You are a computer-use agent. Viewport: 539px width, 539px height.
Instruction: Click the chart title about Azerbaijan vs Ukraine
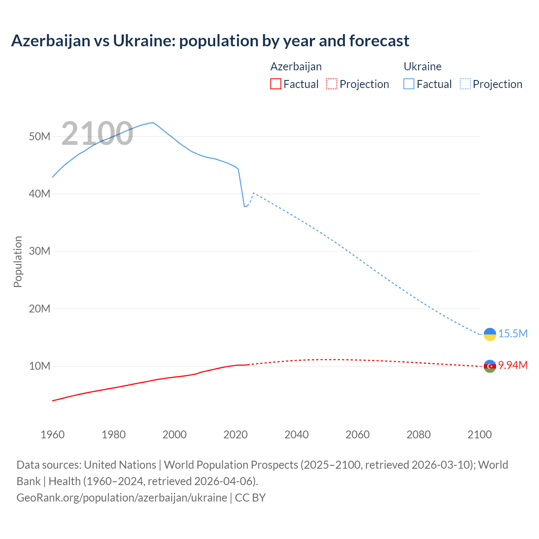coord(210,41)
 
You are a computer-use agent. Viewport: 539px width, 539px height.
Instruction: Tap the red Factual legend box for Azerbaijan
coord(275,84)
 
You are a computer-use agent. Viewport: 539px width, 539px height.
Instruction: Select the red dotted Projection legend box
coord(332,84)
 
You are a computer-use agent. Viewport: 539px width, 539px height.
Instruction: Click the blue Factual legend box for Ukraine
coord(408,84)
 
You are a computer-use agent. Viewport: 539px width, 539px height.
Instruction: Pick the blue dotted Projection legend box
coord(465,84)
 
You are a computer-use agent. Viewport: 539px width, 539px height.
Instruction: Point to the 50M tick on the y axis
coord(40,136)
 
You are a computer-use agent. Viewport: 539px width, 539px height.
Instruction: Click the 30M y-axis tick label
coord(40,251)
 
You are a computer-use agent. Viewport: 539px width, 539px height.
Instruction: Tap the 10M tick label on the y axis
coord(40,366)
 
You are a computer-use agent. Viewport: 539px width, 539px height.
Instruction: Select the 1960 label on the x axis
coord(53,435)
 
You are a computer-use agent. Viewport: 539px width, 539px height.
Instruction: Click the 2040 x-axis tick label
coord(296,435)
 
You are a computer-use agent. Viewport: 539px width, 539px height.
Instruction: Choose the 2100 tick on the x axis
coord(479,435)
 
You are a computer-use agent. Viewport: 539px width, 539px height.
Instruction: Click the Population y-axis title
coord(18,261)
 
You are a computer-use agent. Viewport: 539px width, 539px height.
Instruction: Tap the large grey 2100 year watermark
coord(97,134)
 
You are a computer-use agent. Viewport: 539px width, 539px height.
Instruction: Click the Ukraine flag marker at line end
coord(490,334)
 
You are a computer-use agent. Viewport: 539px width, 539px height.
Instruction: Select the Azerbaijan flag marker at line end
coord(490,366)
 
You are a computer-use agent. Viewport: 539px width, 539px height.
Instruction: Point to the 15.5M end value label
coord(513,334)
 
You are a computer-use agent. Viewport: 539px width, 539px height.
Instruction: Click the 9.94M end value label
coord(513,365)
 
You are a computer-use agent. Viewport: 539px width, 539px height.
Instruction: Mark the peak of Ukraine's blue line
coord(152,123)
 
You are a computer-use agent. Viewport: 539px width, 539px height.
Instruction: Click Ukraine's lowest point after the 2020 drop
coord(244,206)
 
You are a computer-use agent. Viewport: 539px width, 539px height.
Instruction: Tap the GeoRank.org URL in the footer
coord(122,497)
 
